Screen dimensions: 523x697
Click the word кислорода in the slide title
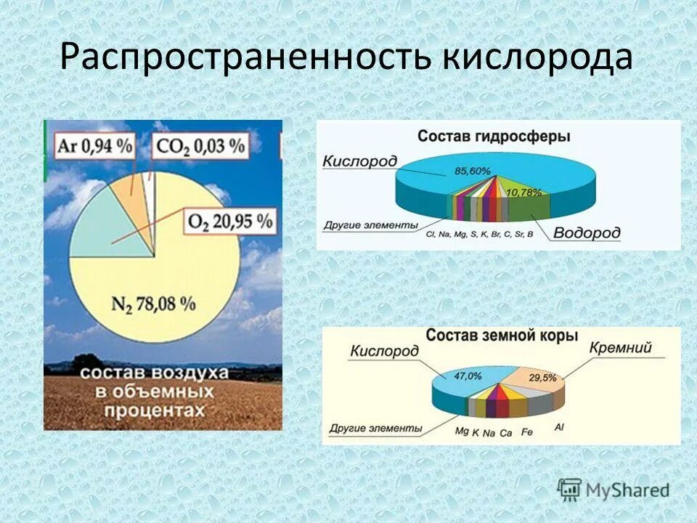[x=537, y=58]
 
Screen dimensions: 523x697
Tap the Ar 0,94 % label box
[x=95, y=145]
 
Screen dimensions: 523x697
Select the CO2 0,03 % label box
[x=200, y=145]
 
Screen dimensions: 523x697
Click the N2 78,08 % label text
[x=154, y=303]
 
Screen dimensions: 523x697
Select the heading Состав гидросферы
[x=493, y=137]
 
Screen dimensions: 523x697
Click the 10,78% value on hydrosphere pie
[x=528, y=192]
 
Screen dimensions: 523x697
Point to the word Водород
[x=587, y=233]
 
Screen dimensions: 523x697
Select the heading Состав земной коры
[x=502, y=336]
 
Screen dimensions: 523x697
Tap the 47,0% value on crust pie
[x=468, y=376]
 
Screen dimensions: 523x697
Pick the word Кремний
[x=621, y=348]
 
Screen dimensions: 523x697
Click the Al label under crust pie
[x=558, y=426]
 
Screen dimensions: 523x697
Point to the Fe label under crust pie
[x=527, y=432]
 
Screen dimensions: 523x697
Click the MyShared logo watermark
[x=614, y=489]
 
